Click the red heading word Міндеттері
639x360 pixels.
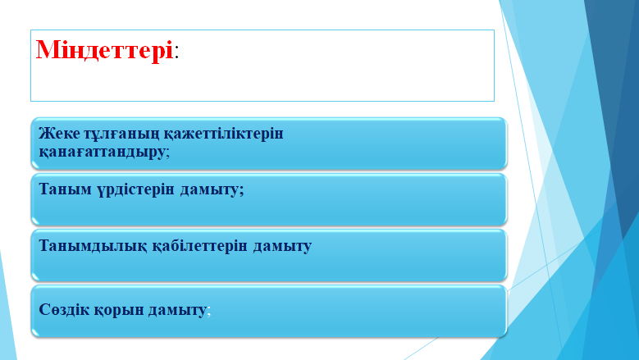pos(105,51)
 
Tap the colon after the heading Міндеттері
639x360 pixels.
pos(176,52)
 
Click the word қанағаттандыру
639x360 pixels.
pos(103,152)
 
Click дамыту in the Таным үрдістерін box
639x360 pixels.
pos(210,190)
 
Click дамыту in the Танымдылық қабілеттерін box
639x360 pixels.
pos(282,246)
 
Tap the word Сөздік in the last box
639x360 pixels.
pos(64,309)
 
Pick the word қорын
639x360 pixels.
pos(119,311)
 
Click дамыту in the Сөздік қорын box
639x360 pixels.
pos(177,311)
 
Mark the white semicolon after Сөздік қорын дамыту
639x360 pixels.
pos(209,312)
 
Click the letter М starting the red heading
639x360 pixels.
pos(47,51)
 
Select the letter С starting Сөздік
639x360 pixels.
pos(44,309)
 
